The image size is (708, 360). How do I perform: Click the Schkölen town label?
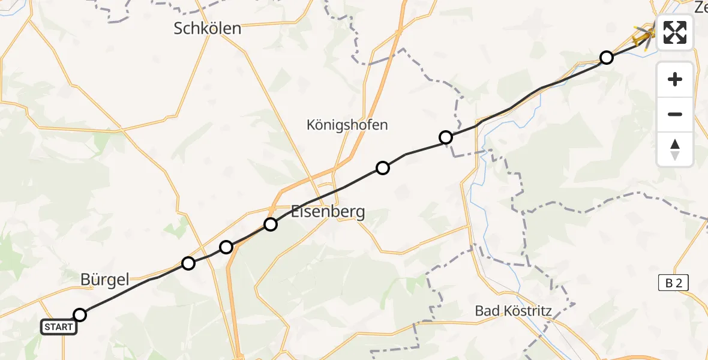208,28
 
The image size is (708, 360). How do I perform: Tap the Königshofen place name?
347,125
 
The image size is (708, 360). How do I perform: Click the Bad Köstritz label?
513,311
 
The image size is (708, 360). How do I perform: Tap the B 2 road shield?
673,283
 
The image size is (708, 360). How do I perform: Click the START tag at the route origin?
59,327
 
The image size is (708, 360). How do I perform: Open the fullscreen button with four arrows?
675,32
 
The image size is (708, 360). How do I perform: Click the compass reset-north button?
675,149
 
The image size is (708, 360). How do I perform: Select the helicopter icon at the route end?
644,37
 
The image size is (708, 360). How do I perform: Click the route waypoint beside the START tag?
80,315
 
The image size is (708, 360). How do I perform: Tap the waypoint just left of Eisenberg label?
271,224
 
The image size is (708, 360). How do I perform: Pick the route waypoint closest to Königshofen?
383,168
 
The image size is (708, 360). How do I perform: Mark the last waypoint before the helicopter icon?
607,58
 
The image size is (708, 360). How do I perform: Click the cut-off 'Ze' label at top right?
700,7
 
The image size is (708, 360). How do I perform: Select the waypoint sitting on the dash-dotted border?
446,137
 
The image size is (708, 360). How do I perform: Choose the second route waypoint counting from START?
188,263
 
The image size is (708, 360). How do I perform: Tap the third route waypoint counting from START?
226,247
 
